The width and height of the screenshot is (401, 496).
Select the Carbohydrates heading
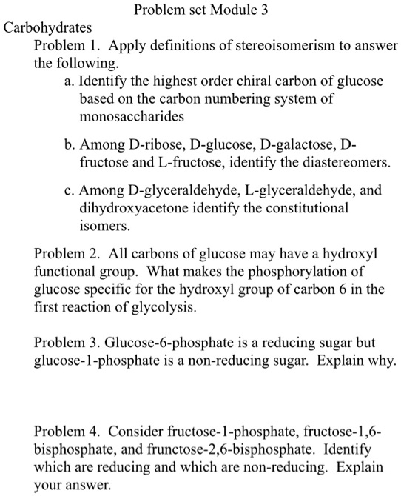point(48,29)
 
